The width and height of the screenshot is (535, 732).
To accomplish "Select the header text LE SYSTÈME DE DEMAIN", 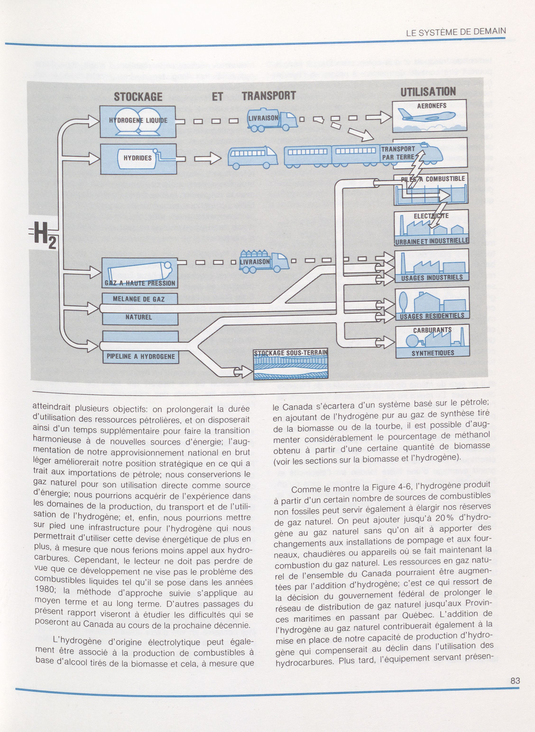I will tap(456, 32).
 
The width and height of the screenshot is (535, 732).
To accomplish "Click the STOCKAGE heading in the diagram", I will tap(138, 97).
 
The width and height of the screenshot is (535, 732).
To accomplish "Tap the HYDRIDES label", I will tap(137, 158).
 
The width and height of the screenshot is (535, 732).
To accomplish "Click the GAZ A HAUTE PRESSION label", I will tap(140, 283).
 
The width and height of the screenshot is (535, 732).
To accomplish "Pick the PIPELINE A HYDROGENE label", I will tap(141, 357).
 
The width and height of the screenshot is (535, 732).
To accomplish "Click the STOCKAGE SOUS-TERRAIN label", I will tap(291, 353).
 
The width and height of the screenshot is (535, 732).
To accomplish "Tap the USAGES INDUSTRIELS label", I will tap(432, 278).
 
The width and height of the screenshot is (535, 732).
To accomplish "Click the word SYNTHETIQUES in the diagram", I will tap(433, 353).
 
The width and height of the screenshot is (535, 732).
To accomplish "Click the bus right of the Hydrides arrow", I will tap(253, 157).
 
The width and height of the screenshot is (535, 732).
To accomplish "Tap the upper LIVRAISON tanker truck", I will tap(272, 121).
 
